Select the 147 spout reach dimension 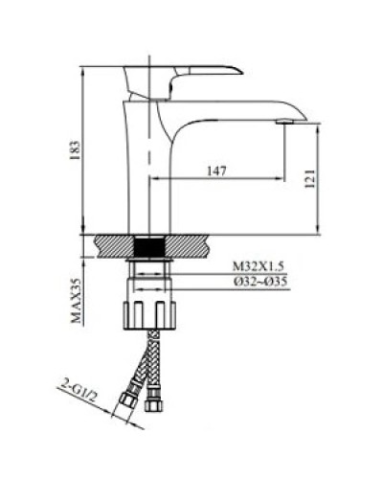[215, 171]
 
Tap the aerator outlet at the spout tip [284, 122]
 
